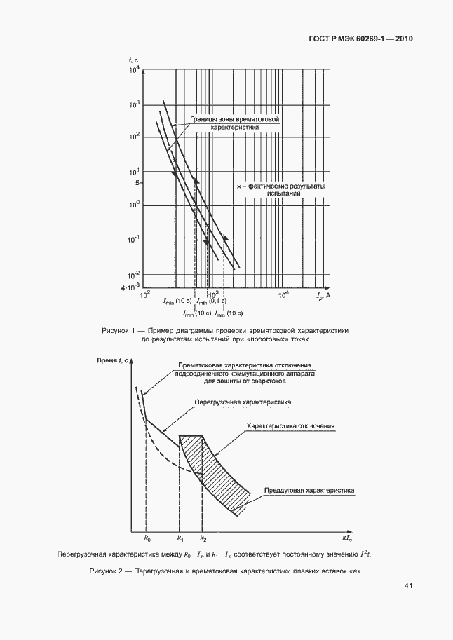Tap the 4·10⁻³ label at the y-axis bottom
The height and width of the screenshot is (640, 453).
130,287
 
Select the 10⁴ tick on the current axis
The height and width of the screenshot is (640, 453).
283,294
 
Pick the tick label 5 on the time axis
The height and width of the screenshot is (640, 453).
138,183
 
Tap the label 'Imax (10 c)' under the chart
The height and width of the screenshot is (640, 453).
224,313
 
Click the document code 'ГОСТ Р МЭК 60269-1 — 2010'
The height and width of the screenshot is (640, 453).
360,39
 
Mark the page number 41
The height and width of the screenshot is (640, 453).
408,585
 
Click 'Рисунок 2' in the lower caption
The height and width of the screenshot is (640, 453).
109,571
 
